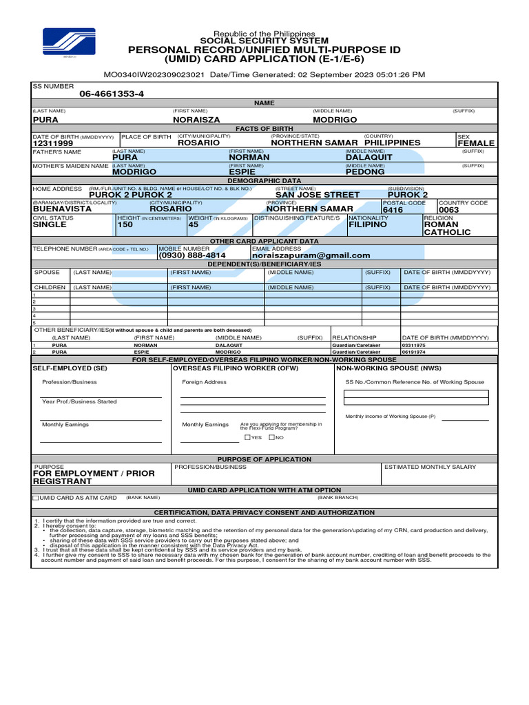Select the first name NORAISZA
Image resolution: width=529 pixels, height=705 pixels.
click(x=197, y=120)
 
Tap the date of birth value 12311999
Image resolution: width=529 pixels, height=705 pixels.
click(x=53, y=143)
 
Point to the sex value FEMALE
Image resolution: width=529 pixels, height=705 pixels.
click(x=476, y=143)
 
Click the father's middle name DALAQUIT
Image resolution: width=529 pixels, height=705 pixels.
click(x=369, y=158)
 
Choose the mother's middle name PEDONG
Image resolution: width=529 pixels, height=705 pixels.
click(x=365, y=172)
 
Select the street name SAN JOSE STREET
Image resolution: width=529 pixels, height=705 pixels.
click(x=318, y=195)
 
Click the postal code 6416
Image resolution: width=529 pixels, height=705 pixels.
click(x=393, y=209)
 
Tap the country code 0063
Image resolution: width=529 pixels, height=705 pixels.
click(x=448, y=209)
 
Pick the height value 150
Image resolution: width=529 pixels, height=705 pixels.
click(x=125, y=224)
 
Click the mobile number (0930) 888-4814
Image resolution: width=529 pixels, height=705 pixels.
click(x=192, y=255)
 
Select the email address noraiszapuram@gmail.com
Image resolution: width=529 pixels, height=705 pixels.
click(x=311, y=255)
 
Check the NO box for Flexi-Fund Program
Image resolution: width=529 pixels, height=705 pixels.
click(x=272, y=437)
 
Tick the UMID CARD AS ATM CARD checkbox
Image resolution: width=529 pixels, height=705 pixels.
click(x=36, y=497)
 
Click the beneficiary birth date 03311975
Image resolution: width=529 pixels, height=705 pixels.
click(x=414, y=345)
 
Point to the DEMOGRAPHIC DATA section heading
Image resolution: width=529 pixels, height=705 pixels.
click(x=264, y=180)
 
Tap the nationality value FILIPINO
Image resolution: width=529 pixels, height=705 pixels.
click(x=368, y=224)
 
